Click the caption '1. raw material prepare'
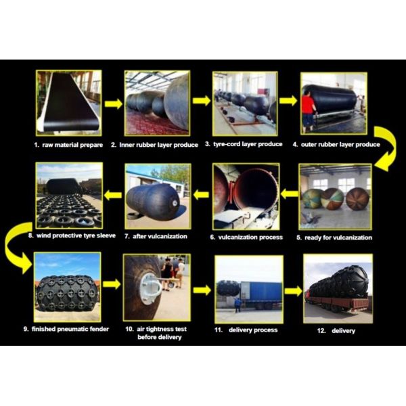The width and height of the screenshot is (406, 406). click(68, 145)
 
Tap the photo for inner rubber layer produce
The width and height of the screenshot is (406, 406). click(157, 103)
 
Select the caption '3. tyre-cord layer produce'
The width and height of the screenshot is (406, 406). click(244, 144)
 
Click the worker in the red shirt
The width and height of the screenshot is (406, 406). click(309, 110)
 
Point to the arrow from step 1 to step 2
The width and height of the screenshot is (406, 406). click(114, 104)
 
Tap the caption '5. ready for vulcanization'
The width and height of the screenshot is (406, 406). click(334, 238)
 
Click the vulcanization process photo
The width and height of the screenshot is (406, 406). click(246, 196)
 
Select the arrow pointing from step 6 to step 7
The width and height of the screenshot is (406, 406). click(201, 194)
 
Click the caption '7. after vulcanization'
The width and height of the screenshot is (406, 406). click(156, 236)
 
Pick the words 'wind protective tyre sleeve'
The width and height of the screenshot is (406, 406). click(76, 235)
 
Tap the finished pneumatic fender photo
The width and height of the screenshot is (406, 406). click(67, 287)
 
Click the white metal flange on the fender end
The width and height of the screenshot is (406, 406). click(150, 288)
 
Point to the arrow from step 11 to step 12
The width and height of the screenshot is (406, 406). click(294, 291)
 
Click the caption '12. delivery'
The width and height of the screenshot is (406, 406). click(336, 331)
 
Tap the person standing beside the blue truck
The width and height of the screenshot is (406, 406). click(237, 304)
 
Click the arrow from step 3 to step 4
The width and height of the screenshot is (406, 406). click(288, 101)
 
